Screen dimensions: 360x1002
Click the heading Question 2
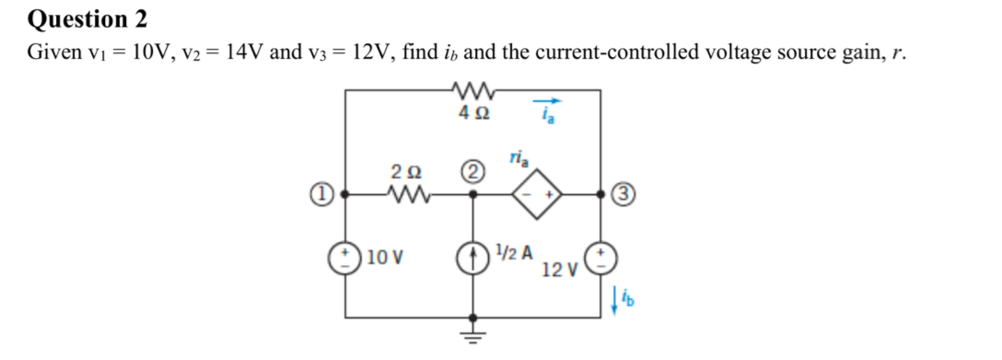[88, 17]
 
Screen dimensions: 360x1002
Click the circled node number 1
[320, 194]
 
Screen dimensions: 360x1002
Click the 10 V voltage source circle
[346, 253]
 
